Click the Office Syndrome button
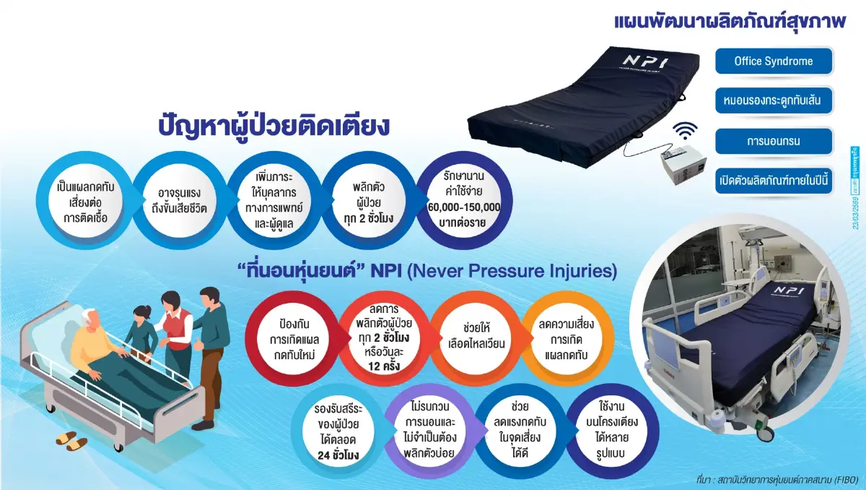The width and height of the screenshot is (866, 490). coord(774,61)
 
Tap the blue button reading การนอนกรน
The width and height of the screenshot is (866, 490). coord(774,141)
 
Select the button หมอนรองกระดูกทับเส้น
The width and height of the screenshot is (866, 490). coord(774,101)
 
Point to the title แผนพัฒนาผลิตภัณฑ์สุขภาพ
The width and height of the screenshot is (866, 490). coord(729,20)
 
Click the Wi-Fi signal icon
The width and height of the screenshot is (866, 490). coord(684,132)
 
